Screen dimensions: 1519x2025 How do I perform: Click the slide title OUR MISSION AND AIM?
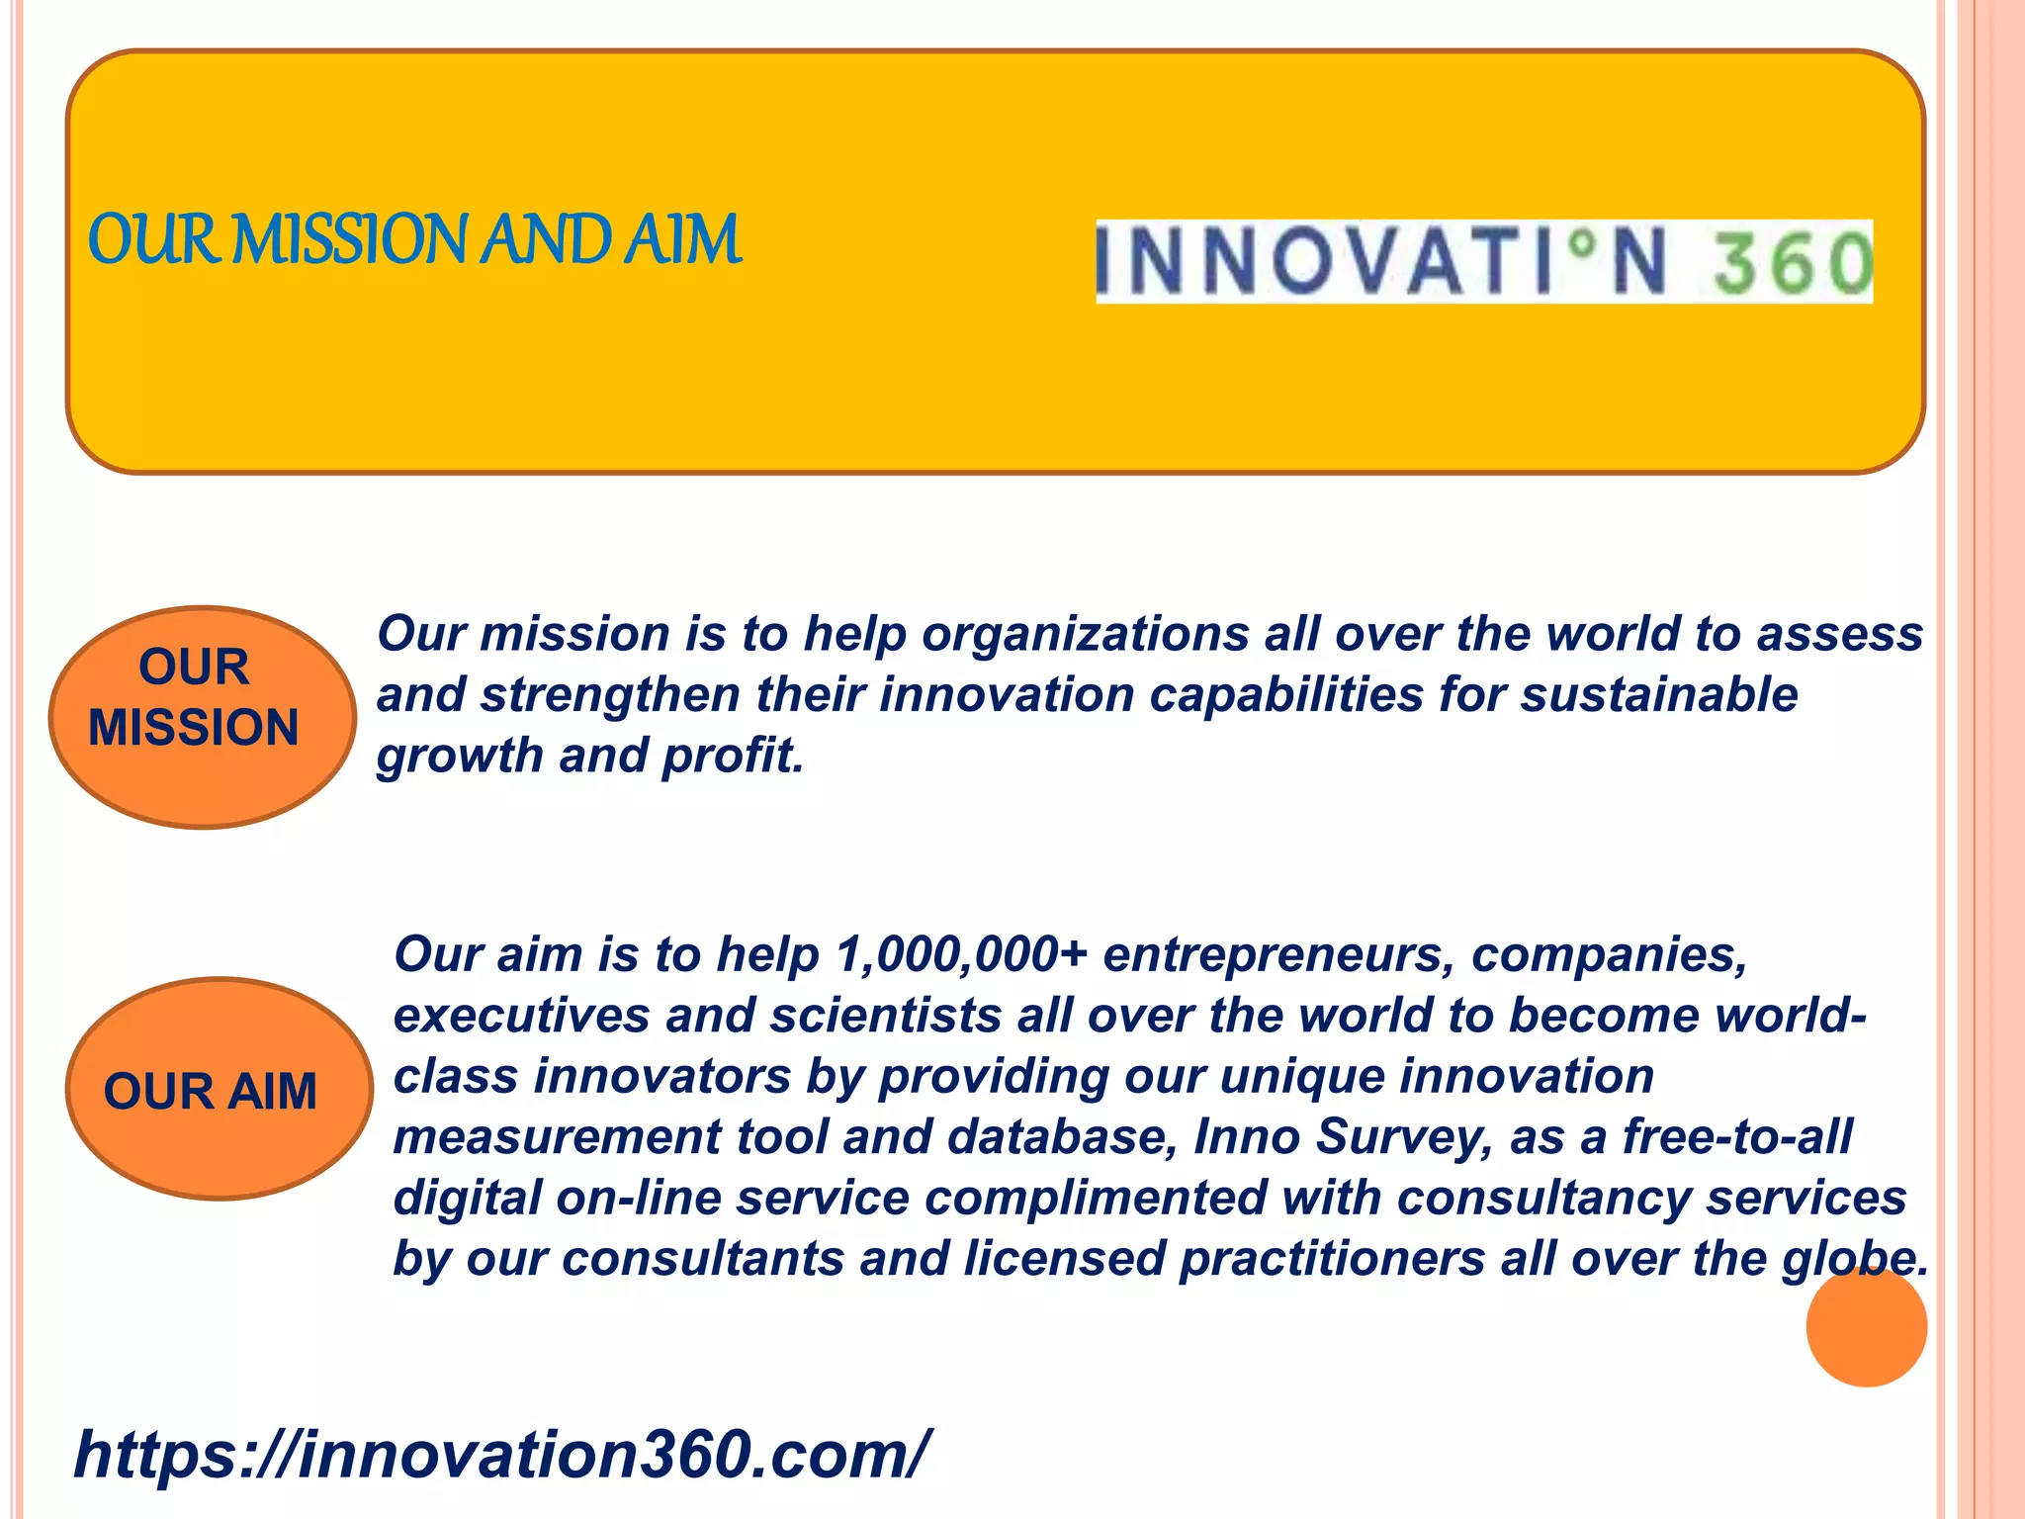414,240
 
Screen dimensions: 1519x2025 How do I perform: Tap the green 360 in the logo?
1792,263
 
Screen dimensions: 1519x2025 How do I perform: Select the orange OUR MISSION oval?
203,717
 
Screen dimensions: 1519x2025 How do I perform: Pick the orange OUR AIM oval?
219,1089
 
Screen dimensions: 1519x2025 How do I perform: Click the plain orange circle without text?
1866,1326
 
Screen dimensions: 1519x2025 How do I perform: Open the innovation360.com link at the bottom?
501,1455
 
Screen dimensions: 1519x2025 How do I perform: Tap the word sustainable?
1658,694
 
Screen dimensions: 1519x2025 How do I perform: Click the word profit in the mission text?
732,756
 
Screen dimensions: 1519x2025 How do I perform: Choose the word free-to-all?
1736,1137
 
